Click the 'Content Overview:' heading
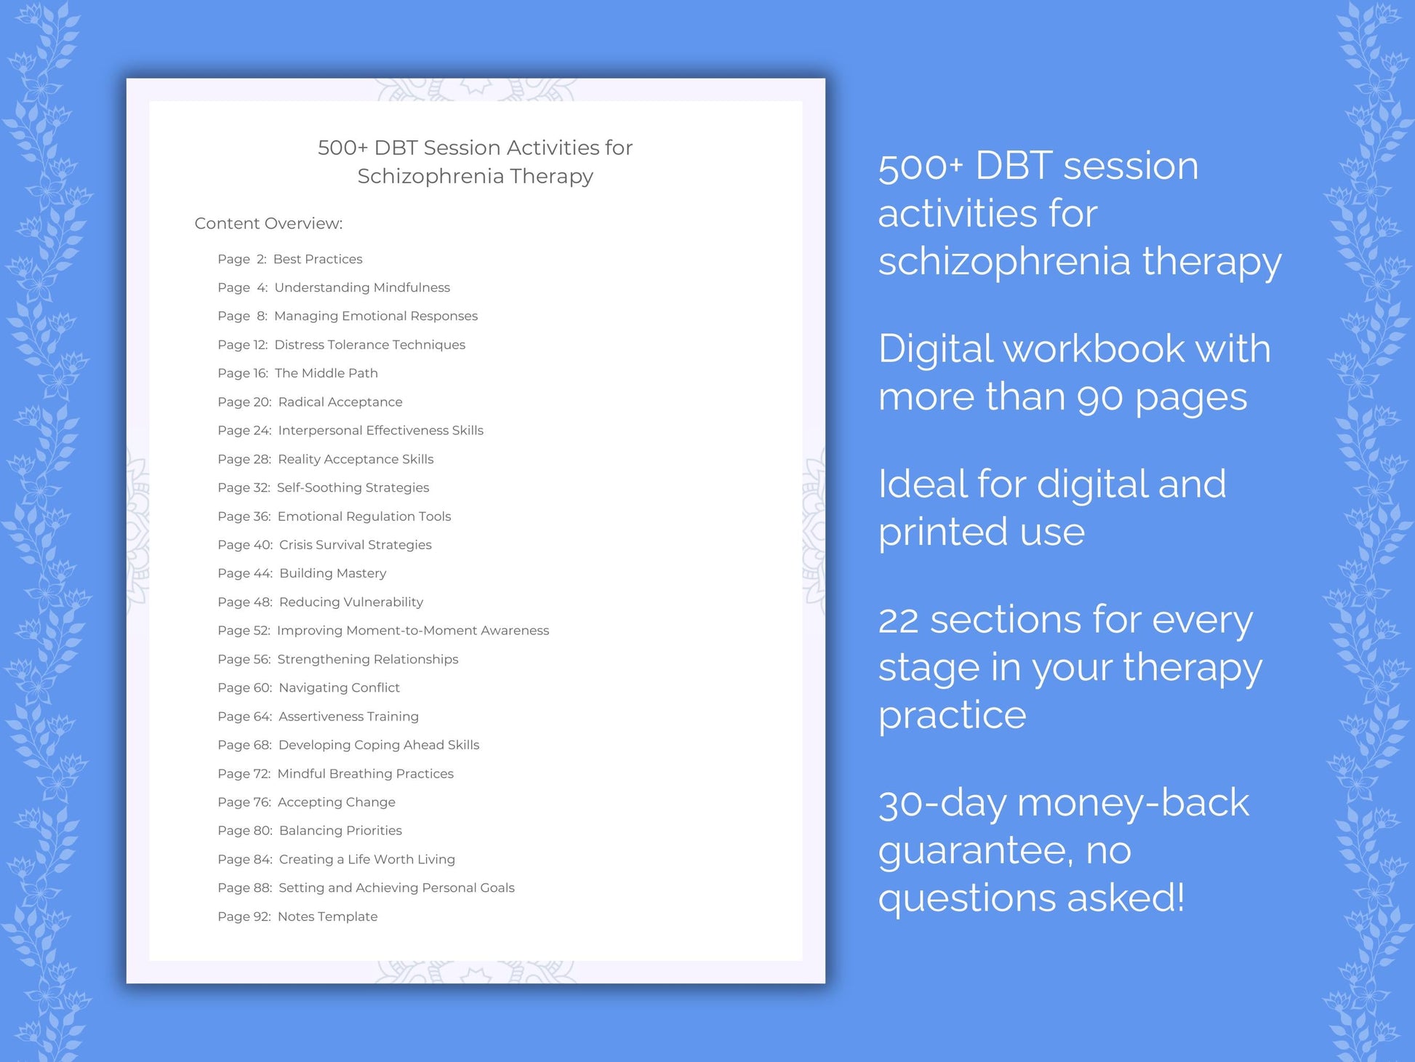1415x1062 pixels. click(268, 223)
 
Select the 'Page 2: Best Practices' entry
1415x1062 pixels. click(289, 259)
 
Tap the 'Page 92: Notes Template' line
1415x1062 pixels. click(297, 917)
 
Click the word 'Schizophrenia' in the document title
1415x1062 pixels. click(430, 176)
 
